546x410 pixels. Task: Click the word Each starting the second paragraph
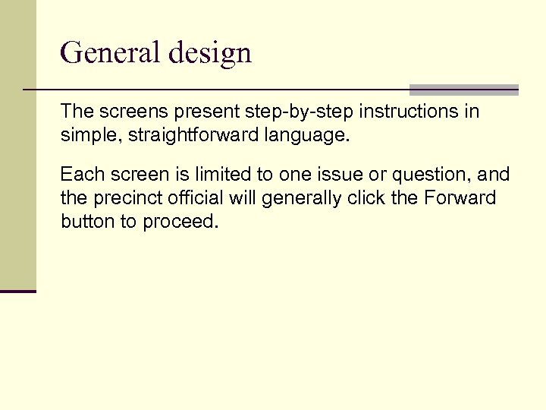[x=79, y=175]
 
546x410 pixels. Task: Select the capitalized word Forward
[x=460, y=198]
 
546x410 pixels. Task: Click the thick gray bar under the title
[x=463, y=89]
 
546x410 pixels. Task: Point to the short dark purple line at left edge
[x=17, y=291]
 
